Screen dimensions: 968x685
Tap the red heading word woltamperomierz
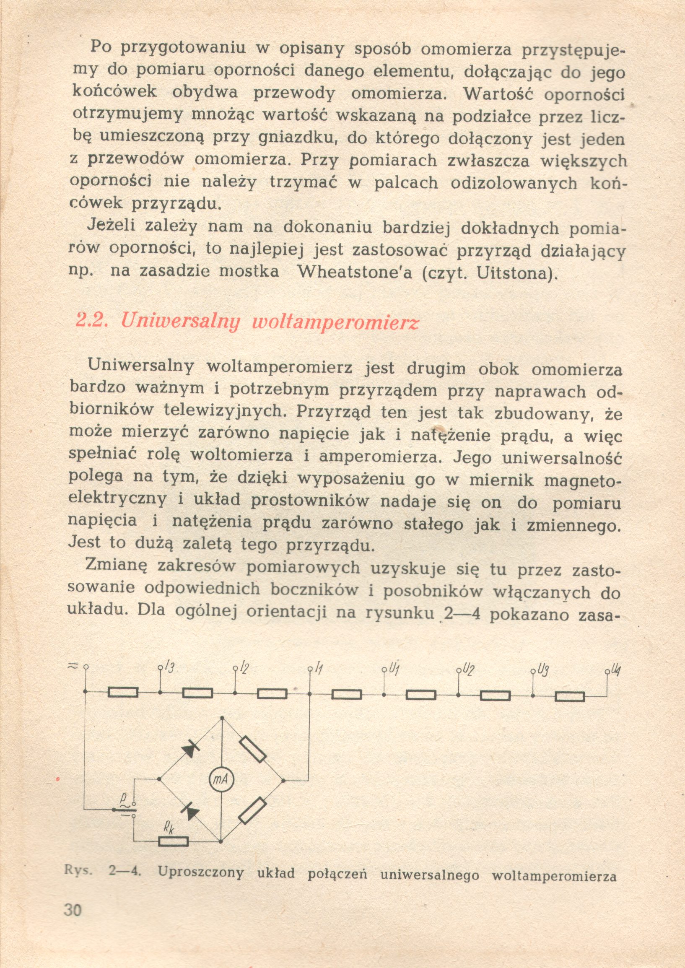pyautogui.click(x=335, y=323)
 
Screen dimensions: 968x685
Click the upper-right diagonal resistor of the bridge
pyautogui.click(x=253, y=749)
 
